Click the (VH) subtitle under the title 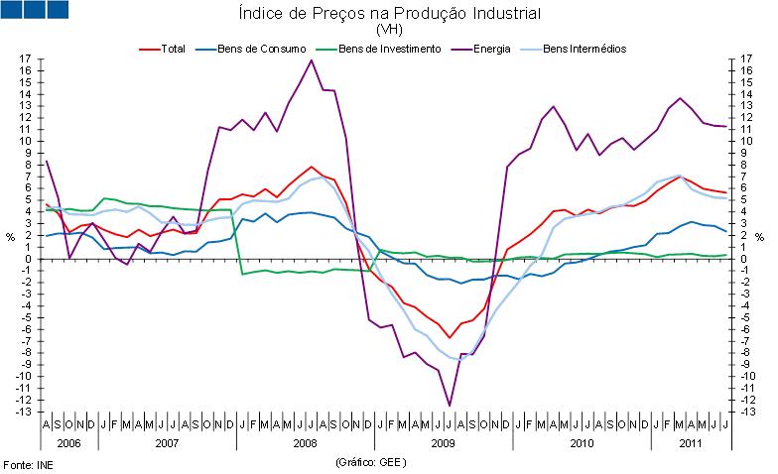(x=389, y=30)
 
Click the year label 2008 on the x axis (x=305, y=442)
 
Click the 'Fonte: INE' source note (x=29, y=463)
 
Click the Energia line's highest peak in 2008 (x=312, y=60)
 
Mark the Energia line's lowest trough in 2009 (x=450, y=405)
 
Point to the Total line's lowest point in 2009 (x=450, y=338)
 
